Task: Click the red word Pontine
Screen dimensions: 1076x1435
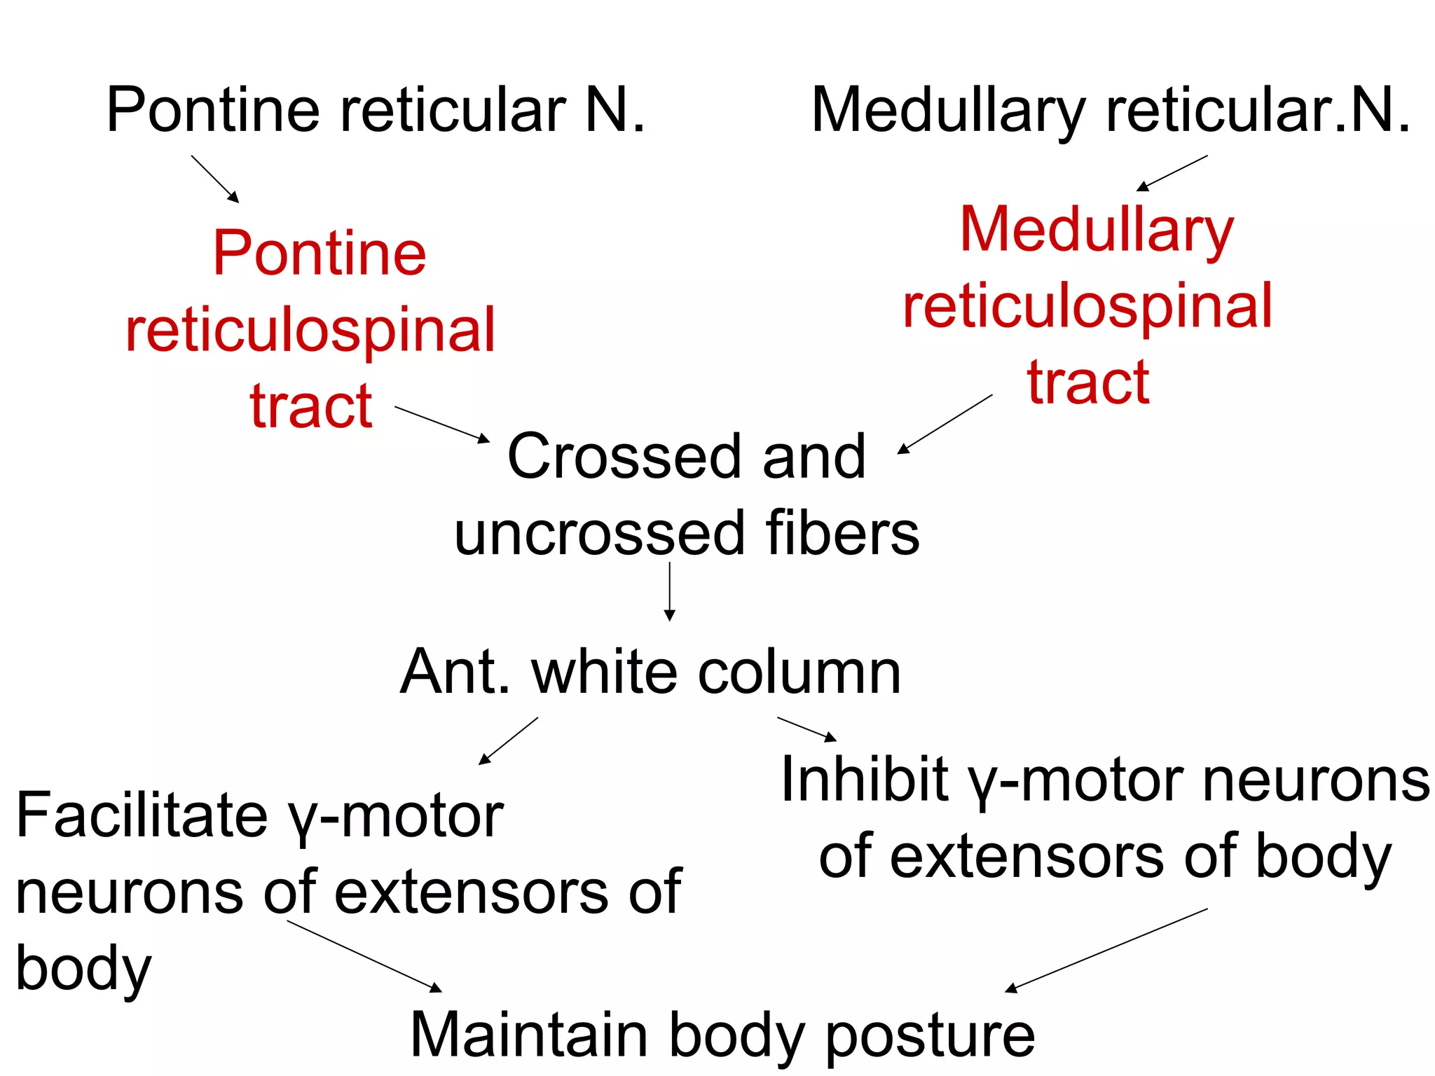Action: tap(320, 254)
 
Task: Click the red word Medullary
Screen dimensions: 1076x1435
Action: tap(1097, 231)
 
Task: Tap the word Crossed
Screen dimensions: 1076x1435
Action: tap(624, 457)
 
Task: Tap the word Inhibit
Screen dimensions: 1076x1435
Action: tap(865, 780)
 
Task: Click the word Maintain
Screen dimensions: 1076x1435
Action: tap(529, 1035)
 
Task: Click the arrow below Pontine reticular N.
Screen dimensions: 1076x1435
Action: tap(215, 179)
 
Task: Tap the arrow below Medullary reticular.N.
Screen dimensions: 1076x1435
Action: tap(1172, 173)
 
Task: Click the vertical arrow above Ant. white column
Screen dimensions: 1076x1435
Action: tap(670, 592)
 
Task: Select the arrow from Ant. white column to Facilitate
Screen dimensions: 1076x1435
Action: tap(508, 740)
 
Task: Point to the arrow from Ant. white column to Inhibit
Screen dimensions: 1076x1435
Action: tap(806, 729)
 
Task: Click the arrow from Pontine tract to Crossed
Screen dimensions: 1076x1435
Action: tap(442, 424)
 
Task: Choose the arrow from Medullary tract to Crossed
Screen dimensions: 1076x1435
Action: tap(945, 424)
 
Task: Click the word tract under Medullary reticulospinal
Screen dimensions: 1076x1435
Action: tap(1088, 383)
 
